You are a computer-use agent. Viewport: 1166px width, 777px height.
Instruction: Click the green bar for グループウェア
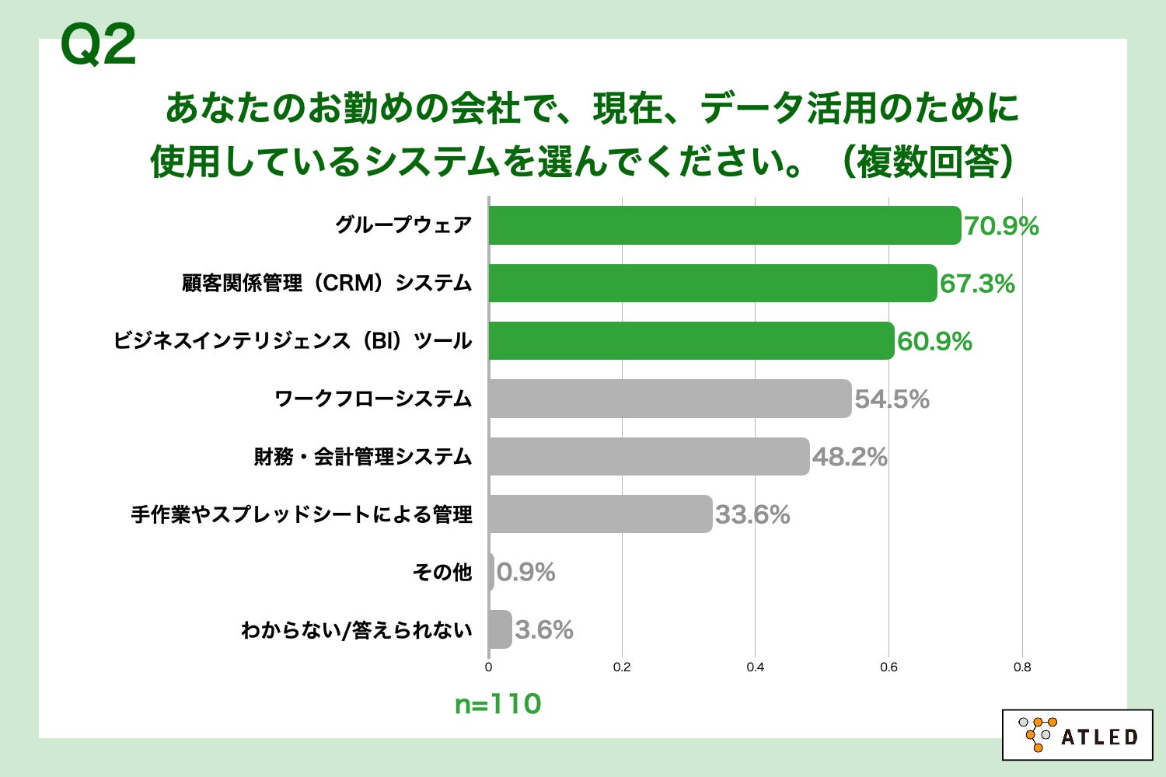(724, 225)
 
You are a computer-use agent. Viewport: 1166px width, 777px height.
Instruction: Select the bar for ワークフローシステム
(670, 399)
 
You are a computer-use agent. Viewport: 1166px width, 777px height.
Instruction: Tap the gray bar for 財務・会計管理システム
(649, 456)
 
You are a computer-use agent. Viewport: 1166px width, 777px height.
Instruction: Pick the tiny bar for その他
(491, 572)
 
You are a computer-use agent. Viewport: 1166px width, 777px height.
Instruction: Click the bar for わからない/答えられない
(500, 629)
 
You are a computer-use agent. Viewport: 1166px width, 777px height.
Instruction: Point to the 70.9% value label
(1001, 226)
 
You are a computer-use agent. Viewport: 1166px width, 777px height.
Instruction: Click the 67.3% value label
(977, 284)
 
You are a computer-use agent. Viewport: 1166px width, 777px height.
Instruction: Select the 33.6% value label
(752, 514)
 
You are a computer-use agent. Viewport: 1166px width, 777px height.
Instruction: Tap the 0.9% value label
(526, 573)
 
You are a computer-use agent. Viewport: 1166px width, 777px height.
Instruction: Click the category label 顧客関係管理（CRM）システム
(327, 283)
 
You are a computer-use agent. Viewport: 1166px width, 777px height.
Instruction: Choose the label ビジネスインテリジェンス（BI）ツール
(292, 340)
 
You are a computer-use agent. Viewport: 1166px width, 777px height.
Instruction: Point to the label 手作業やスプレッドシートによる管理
(302, 514)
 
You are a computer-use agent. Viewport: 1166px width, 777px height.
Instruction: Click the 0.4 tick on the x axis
(755, 667)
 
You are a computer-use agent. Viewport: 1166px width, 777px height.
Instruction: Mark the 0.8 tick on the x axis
(1022, 667)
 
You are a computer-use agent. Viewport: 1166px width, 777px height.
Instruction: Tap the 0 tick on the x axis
(488, 667)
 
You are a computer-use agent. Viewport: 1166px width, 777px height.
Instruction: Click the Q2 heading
(98, 45)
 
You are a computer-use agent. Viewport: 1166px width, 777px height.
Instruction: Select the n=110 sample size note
(497, 704)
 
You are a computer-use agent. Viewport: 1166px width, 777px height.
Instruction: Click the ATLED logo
(1077, 734)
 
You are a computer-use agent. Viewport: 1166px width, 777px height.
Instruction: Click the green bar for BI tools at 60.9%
(691, 340)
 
